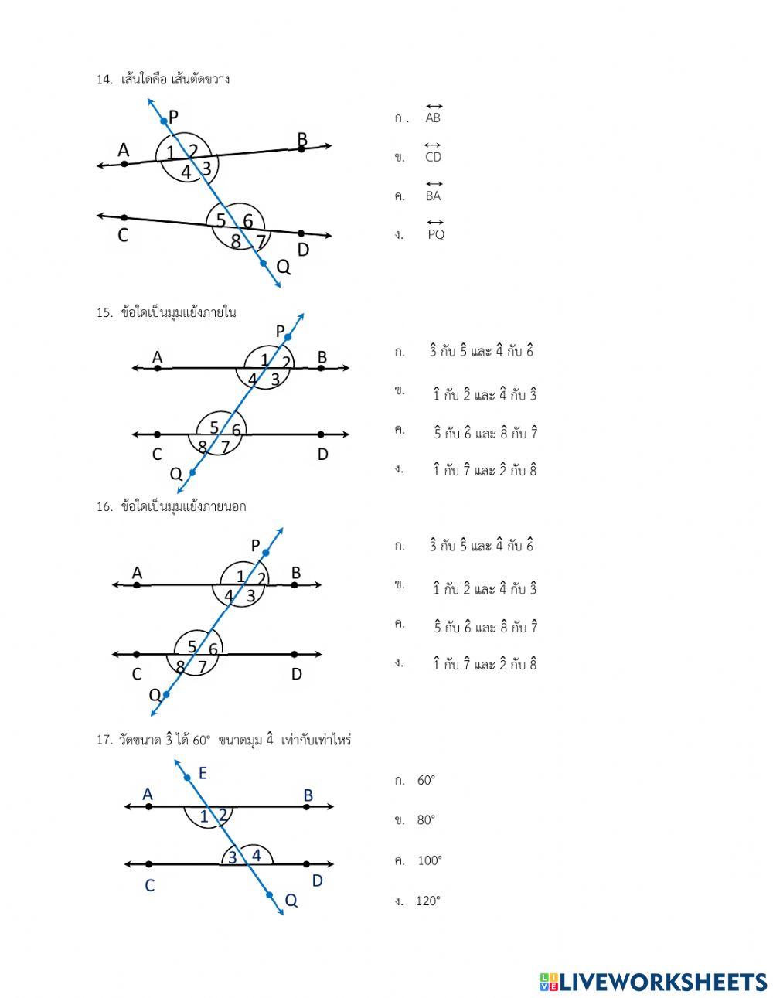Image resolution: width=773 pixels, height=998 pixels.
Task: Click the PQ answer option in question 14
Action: coord(436,234)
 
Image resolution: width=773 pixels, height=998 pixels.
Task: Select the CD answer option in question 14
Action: coord(433,157)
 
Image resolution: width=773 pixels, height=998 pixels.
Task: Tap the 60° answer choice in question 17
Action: coord(426,781)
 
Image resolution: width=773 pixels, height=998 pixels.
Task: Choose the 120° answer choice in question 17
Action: coord(427,901)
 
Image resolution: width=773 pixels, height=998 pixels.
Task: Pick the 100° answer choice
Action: coord(429,860)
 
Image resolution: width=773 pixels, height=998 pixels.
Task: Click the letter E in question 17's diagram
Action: coord(203,773)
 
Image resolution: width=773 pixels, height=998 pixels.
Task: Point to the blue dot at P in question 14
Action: coord(163,121)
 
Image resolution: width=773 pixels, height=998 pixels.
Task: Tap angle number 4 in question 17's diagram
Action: coord(257,856)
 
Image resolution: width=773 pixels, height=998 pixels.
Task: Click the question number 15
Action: coord(104,313)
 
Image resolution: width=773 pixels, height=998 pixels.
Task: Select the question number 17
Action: coord(104,741)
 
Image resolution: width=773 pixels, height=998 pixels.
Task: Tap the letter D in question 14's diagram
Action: coord(303,250)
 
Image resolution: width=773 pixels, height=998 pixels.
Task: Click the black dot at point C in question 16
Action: coord(137,655)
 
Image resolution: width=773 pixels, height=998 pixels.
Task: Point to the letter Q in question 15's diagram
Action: coord(176,473)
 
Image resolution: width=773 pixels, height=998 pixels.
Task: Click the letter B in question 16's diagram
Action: coord(296,573)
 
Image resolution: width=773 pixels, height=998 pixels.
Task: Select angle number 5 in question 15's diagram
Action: coord(214,427)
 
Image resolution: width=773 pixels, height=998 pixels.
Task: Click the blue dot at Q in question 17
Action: coord(270,895)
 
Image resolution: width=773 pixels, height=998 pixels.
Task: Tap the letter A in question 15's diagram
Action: coord(158,357)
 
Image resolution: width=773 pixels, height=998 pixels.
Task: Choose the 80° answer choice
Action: coord(426,820)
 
